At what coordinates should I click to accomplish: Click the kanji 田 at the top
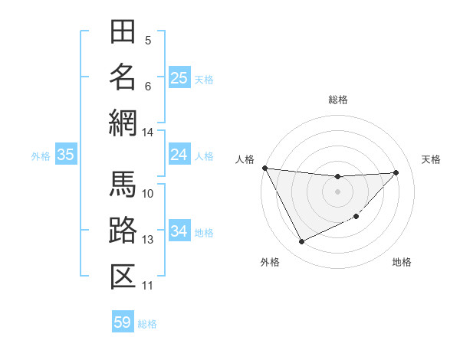click(x=123, y=33)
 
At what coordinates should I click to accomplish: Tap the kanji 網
click(x=123, y=122)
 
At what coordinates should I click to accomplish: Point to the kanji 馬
click(x=123, y=184)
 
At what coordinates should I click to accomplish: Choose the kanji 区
click(x=123, y=276)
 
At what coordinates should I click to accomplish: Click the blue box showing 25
click(x=179, y=77)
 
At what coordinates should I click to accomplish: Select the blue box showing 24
click(x=179, y=155)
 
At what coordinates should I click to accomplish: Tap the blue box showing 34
click(x=179, y=231)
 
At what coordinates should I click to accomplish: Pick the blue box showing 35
click(x=65, y=155)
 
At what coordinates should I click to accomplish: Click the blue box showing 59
click(x=122, y=322)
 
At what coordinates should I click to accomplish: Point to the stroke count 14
click(x=147, y=133)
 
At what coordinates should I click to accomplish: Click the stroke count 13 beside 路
click(x=147, y=240)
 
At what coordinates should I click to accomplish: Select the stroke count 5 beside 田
click(x=147, y=40)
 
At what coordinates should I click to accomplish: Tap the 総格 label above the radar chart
click(x=337, y=100)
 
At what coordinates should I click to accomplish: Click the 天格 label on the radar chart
click(x=432, y=159)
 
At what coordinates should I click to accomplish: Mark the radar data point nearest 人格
click(x=264, y=168)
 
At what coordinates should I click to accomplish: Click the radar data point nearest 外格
click(x=301, y=242)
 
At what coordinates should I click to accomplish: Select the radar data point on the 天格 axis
click(x=396, y=172)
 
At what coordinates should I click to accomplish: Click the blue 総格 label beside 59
click(x=148, y=324)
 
